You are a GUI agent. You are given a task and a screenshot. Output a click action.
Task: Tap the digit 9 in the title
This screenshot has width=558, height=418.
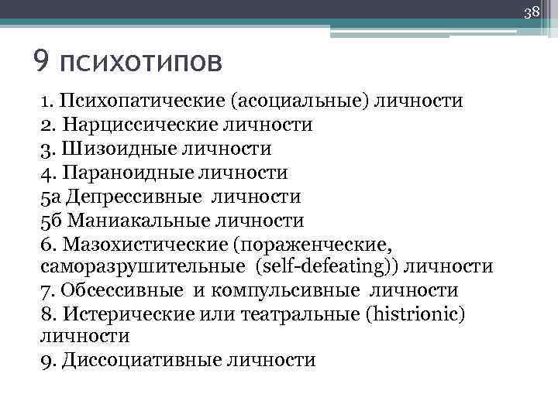pos(42,59)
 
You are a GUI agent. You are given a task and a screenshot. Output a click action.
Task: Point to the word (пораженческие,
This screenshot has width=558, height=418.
pos(316,245)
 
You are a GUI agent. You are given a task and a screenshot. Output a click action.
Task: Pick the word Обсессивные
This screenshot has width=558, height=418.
pos(122,291)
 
